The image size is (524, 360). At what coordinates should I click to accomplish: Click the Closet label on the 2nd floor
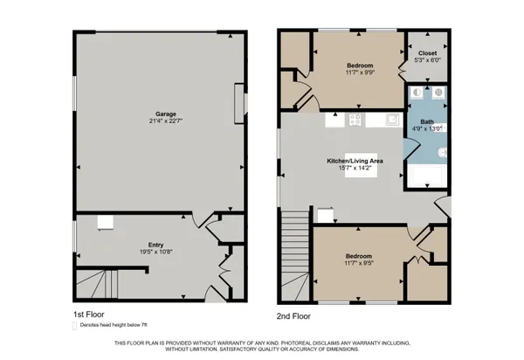[x=427, y=52]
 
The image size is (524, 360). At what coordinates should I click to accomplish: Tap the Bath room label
[x=427, y=121]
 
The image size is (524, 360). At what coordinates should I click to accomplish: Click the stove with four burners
[x=355, y=120]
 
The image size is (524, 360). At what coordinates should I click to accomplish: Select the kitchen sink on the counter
[x=393, y=120]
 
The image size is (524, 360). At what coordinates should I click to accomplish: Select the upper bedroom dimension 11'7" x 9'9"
[x=360, y=73]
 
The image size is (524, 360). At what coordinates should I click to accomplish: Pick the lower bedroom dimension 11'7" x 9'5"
[x=360, y=266]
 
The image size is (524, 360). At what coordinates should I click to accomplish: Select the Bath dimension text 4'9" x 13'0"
[x=427, y=129]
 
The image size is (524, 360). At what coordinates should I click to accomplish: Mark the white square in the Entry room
[x=104, y=222]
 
